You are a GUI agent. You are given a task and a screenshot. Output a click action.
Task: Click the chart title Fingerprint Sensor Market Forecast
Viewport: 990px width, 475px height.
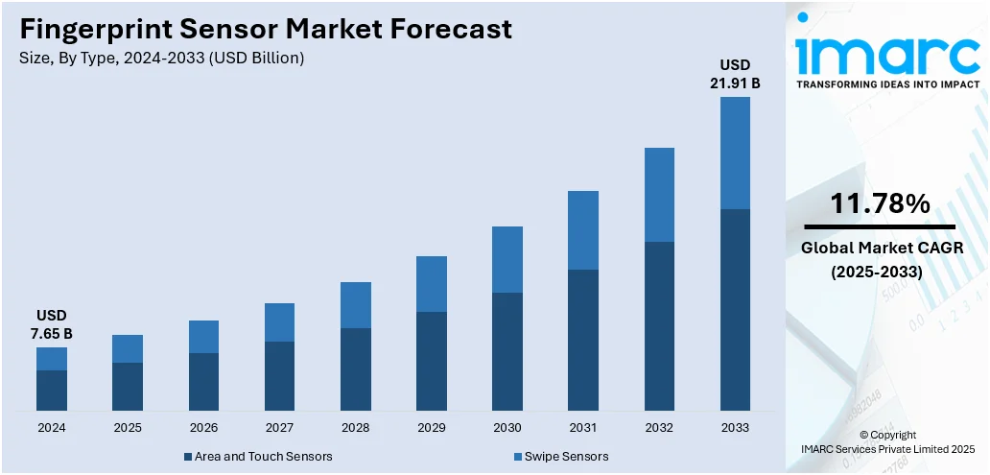pyautogui.click(x=266, y=29)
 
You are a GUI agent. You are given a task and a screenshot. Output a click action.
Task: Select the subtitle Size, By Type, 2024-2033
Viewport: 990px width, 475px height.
pyautogui.click(x=161, y=59)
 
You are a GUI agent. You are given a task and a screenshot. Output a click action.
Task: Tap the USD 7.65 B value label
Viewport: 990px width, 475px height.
pyautogui.click(x=52, y=324)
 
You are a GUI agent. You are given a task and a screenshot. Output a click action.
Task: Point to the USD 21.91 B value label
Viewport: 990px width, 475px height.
pyautogui.click(x=735, y=74)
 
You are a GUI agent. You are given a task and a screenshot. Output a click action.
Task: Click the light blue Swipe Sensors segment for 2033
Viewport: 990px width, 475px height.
pyautogui.click(x=735, y=153)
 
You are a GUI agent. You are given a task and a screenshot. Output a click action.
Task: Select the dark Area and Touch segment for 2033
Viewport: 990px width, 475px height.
pyautogui.click(x=735, y=310)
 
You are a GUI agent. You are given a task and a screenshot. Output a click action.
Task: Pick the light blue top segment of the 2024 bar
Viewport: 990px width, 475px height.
pyautogui.click(x=52, y=359)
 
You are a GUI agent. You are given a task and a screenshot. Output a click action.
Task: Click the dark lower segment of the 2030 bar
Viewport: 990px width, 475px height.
pyautogui.click(x=507, y=351)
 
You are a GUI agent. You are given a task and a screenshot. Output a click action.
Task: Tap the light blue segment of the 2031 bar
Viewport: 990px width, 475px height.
pyautogui.click(x=583, y=230)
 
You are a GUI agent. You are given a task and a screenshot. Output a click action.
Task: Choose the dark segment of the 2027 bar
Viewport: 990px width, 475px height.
pyautogui.click(x=279, y=376)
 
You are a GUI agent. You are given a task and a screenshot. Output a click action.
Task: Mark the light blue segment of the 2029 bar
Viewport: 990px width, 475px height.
pyautogui.click(x=432, y=284)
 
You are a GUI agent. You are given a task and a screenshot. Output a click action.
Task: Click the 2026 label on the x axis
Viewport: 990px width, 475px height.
pyautogui.click(x=203, y=428)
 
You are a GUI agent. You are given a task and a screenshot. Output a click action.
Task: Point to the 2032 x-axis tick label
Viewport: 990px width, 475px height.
pyautogui.click(x=659, y=428)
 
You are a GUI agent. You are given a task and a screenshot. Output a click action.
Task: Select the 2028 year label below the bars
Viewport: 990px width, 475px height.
pyautogui.click(x=355, y=428)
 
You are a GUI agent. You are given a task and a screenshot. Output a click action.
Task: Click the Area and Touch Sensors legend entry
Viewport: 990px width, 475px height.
pyautogui.click(x=256, y=456)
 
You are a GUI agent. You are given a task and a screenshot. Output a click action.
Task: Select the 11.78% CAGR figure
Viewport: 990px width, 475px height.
pyautogui.click(x=879, y=203)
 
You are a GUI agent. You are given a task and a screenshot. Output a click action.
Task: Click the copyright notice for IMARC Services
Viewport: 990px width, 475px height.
pyautogui.click(x=887, y=441)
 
